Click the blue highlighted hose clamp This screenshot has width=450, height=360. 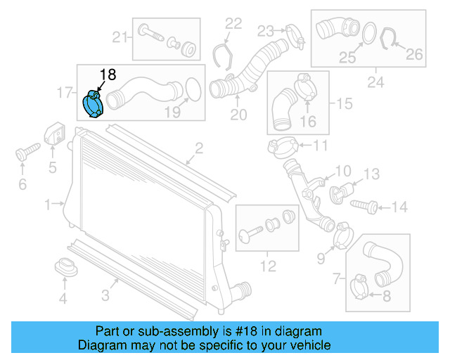[x=93, y=104]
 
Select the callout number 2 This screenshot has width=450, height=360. [x=199, y=148]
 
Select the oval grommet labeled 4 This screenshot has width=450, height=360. [x=64, y=268]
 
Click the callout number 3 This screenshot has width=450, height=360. [x=104, y=296]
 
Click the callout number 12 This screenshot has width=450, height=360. [x=267, y=266]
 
